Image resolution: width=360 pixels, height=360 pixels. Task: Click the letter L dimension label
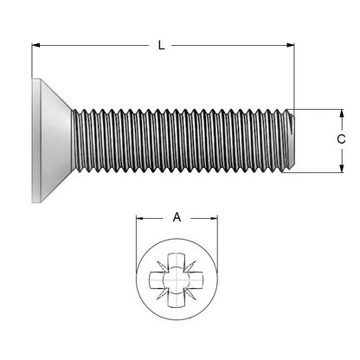(x=162, y=46)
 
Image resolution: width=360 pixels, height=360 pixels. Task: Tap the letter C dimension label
(x=341, y=139)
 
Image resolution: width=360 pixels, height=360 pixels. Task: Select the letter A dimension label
(x=177, y=217)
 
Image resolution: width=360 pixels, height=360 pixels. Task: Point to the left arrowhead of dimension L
(x=37, y=46)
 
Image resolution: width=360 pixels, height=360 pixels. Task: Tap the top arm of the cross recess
(x=177, y=260)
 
